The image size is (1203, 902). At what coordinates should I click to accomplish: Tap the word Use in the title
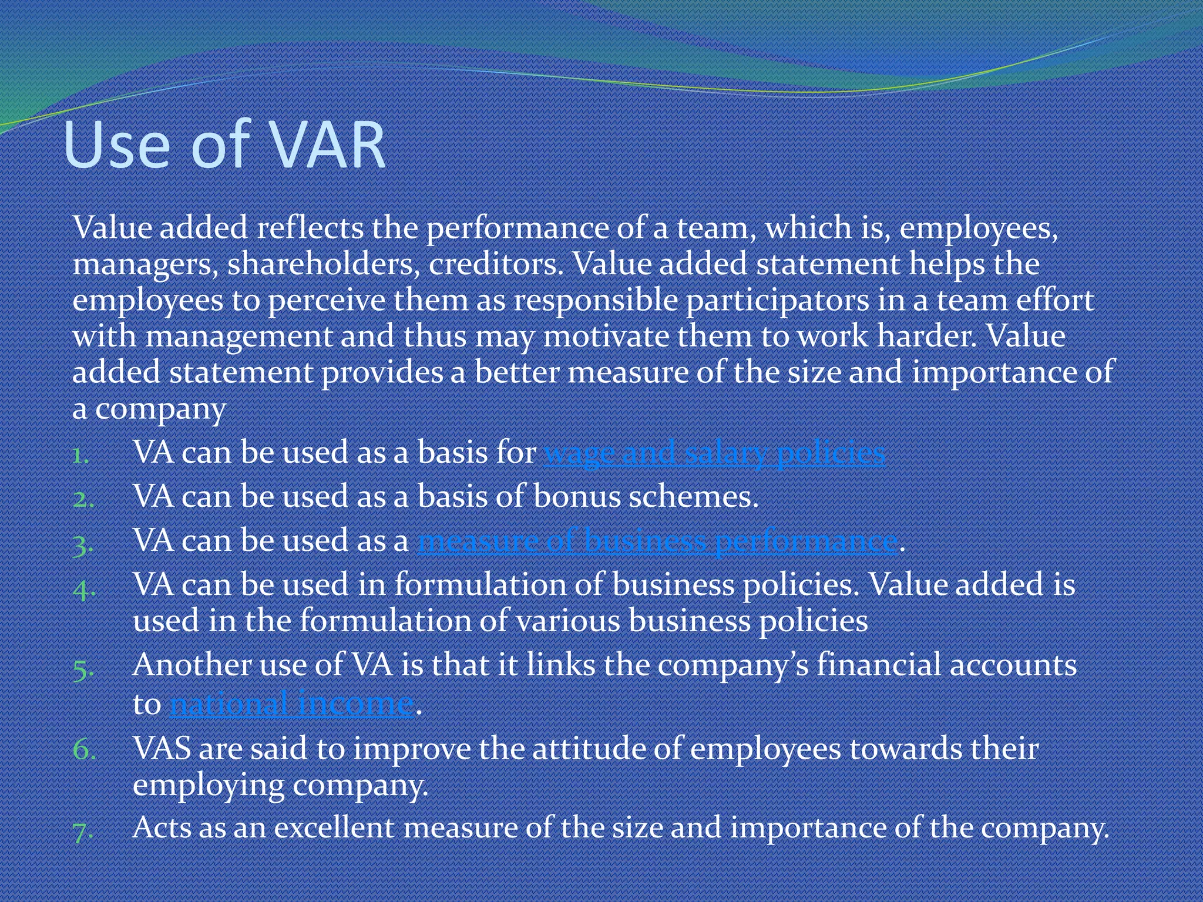[117, 146]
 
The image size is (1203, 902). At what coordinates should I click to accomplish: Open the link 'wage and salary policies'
[714, 453]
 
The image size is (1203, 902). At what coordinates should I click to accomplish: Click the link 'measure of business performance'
[657, 541]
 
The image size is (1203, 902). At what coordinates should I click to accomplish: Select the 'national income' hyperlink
[292, 704]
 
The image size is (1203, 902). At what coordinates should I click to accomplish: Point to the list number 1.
[81, 455]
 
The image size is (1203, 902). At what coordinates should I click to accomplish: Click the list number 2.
[82, 499]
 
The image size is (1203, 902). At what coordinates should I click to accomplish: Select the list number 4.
[83, 588]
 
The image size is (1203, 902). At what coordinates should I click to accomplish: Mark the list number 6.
[83, 750]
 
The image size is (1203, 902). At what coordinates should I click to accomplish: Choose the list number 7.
[83, 831]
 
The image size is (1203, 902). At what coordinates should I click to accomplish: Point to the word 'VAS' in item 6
[162, 749]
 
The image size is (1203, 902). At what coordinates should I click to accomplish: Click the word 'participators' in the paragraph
[778, 300]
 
